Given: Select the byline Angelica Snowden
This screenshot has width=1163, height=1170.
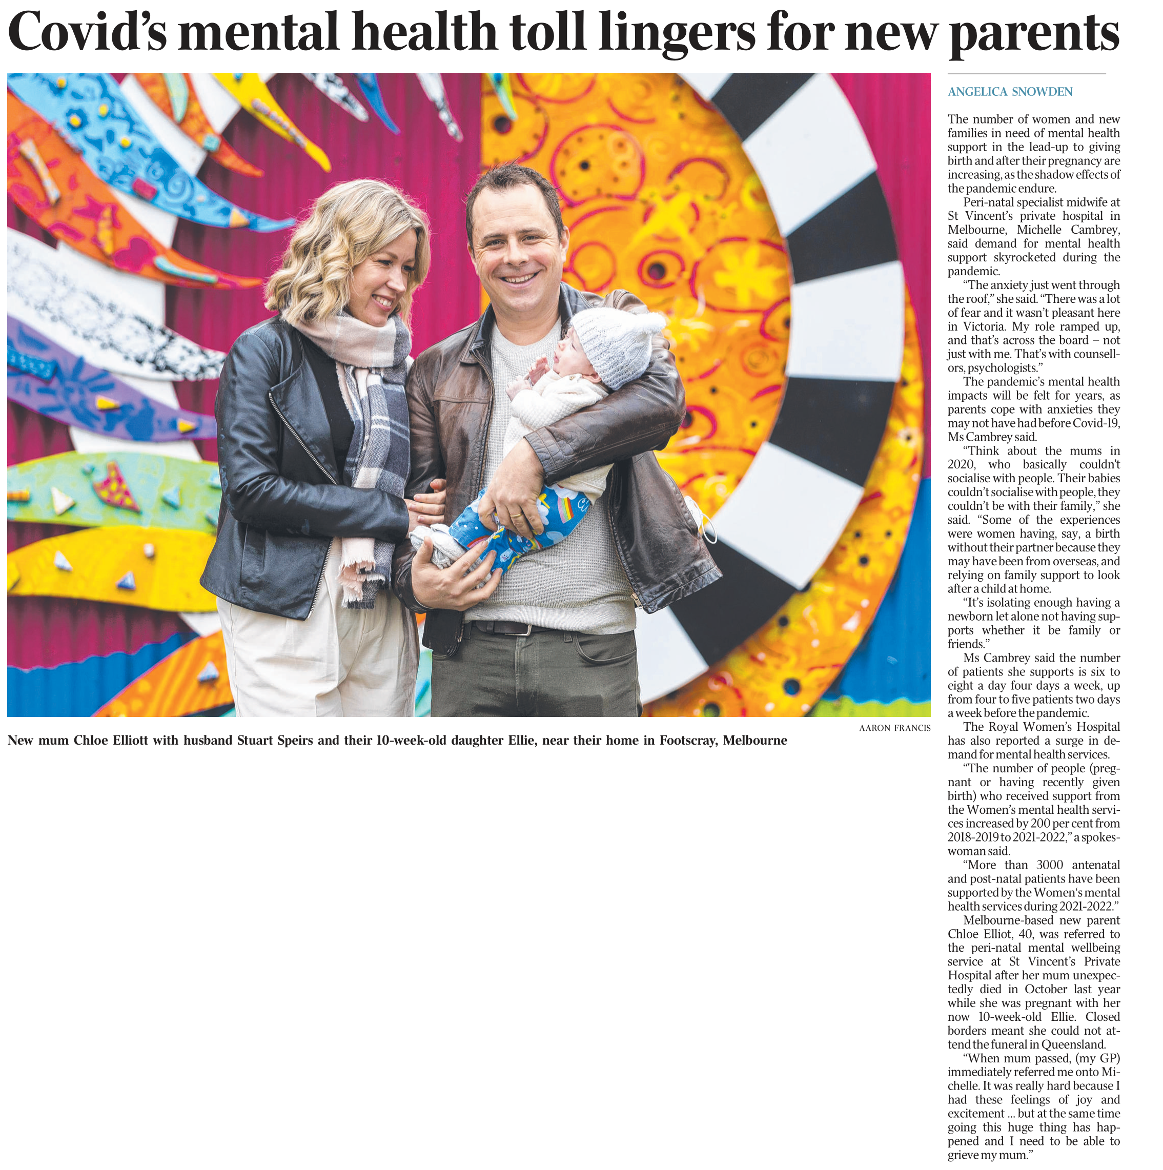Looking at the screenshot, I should click(x=1010, y=92).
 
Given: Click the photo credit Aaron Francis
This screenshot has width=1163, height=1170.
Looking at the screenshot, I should click(x=894, y=728).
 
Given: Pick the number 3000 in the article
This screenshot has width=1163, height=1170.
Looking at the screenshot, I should click(x=1050, y=865).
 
